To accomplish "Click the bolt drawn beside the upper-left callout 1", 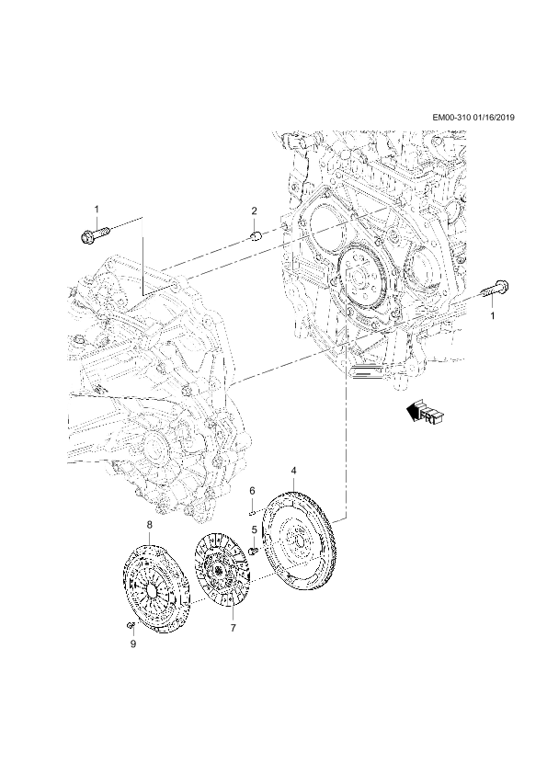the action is [x=95, y=233].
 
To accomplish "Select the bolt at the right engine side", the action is [x=495, y=289].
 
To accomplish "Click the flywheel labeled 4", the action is [x=299, y=542].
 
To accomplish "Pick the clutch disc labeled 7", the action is [x=222, y=575].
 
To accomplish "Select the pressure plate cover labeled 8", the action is [x=155, y=586].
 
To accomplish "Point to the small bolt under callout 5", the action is [x=254, y=550].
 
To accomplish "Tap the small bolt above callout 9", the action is [x=131, y=626].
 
